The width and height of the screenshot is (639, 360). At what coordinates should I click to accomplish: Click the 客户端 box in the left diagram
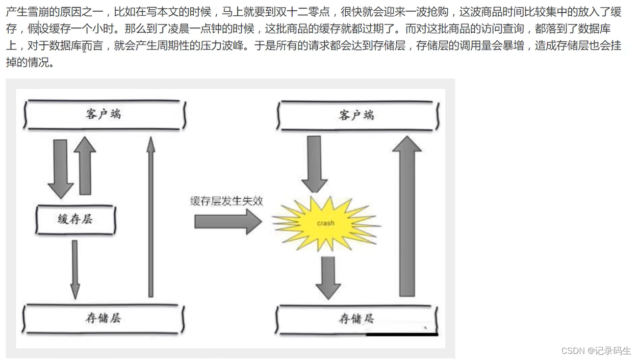tap(104, 114)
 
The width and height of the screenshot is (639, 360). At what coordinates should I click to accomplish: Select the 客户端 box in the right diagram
tap(357, 115)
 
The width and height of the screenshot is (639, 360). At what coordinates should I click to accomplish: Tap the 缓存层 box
tap(75, 220)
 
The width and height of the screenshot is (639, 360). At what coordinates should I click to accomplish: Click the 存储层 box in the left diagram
tap(103, 319)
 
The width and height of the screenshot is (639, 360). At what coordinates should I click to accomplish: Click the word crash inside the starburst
tap(325, 223)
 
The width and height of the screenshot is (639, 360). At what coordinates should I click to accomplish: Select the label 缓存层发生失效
tap(226, 201)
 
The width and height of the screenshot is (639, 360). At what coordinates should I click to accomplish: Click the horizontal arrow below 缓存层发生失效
tap(227, 222)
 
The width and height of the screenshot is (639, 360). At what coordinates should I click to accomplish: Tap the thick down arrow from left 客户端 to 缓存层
tap(61, 168)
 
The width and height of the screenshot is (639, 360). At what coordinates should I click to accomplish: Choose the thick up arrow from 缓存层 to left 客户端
tap(85, 166)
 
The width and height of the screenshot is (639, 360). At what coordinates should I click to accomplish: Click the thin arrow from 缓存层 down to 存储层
tap(75, 269)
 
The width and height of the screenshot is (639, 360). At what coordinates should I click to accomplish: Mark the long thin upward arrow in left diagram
tap(150, 217)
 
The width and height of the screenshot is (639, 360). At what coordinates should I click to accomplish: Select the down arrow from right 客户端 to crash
tap(314, 163)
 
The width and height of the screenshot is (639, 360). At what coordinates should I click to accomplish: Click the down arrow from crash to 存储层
tap(328, 277)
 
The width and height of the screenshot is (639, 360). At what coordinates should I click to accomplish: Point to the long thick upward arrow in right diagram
tap(406, 217)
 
